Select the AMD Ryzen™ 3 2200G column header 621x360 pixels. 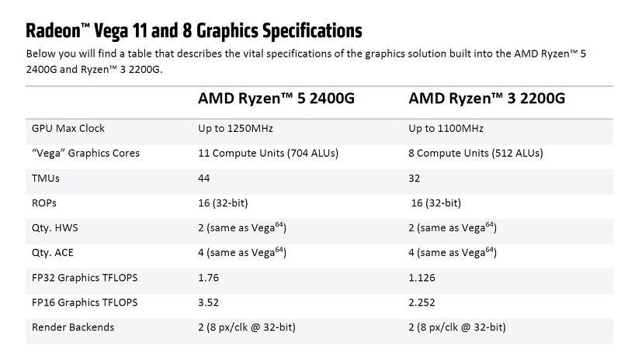486,100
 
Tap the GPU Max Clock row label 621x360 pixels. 68,128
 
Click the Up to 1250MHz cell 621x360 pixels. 236,128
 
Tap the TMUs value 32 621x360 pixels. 414,178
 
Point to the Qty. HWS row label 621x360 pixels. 54,228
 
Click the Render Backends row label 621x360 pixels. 72,327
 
